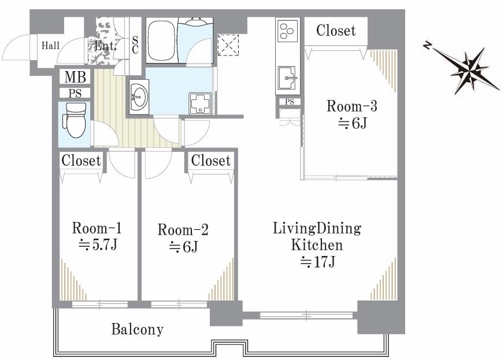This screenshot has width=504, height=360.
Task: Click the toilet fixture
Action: click(x=76, y=120)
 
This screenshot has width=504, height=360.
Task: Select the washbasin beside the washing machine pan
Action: click(x=139, y=97)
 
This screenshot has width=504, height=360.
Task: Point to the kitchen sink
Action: click(x=287, y=78)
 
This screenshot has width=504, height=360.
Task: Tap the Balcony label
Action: click(x=137, y=329)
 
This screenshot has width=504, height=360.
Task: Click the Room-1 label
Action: click(x=97, y=228)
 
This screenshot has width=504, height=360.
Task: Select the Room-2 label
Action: click(x=183, y=229)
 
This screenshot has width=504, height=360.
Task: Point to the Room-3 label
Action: click(x=351, y=106)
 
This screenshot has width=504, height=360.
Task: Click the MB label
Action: click(x=75, y=77)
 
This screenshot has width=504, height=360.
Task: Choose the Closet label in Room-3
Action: click(x=336, y=31)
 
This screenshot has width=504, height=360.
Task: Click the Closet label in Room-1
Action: click(x=81, y=161)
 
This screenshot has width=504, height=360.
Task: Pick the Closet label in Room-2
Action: click(x=211, y=161)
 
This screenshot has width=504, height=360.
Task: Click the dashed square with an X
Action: click(x=228, y=45)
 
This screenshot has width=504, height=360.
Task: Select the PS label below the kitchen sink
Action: click(x=290, y=102)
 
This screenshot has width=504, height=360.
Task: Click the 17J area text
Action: click(x=317, y=262)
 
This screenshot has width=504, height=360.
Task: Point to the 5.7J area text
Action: click(x=98, y=245)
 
